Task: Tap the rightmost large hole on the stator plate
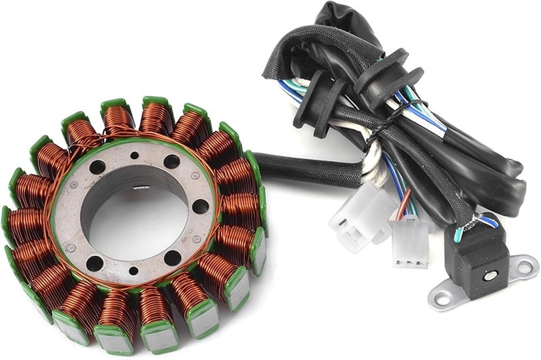[200, 206]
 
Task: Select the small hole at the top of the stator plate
[135, 155]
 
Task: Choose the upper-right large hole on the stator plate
[172, 162]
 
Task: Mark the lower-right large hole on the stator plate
[172, 258]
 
